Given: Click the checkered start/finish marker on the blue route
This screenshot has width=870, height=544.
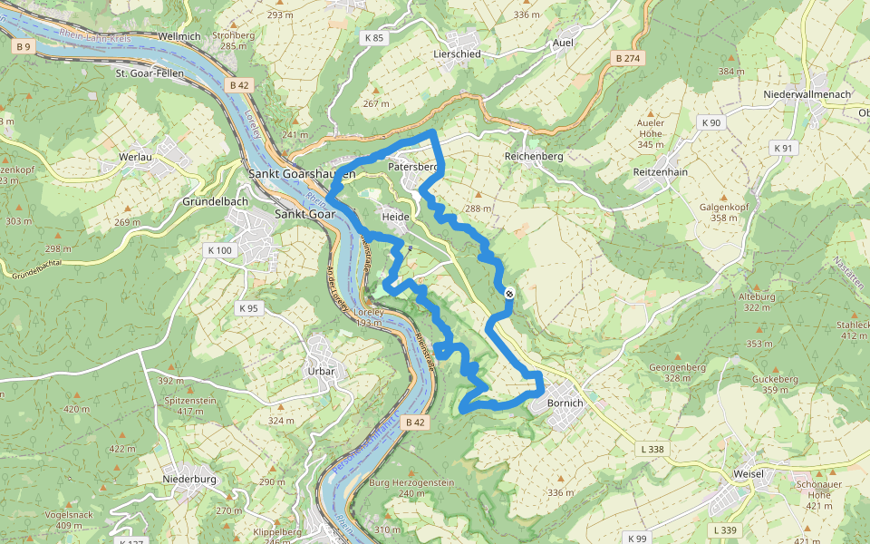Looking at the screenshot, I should (510, 293).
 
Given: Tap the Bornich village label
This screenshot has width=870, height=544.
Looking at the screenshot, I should (565, 403).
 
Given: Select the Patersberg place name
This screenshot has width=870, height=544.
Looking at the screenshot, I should (412, 167).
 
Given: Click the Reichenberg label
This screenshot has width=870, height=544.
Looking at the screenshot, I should (533, 156).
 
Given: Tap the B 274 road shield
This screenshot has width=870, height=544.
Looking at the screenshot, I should (626, 58).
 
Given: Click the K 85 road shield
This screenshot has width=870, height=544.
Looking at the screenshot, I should (373, 38).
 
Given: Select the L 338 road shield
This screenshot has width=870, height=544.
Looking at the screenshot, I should (652, 450).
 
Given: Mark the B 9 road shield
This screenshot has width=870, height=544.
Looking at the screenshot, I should (24, 46).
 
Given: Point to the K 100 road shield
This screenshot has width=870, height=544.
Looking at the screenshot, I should (219, 250).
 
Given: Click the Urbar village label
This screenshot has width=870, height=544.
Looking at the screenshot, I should (321, 371).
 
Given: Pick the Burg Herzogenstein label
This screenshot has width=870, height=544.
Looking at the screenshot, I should (411, 483).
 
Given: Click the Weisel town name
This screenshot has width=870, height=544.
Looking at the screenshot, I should (749, 474).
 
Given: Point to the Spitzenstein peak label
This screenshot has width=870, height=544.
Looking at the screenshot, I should (190, 400).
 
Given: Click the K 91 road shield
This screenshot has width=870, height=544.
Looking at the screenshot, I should (782, 148).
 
